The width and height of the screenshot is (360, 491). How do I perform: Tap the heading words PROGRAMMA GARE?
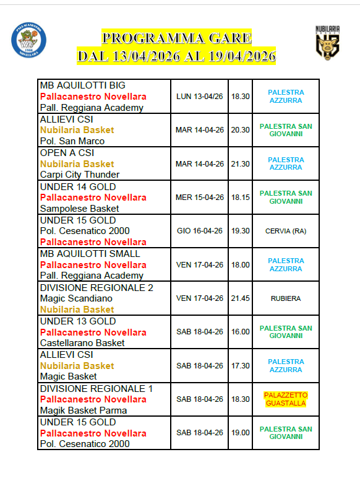(x=177, y=38)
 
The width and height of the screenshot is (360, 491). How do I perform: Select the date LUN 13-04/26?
(x=200, y=97)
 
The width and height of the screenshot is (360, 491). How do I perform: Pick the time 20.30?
(x=241, y=130)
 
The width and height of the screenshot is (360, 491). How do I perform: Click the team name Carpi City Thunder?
(x=80, y=175)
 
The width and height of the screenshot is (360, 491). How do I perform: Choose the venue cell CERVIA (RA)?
(x=286, y=231)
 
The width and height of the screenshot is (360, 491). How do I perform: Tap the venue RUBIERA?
(x=286, y=298)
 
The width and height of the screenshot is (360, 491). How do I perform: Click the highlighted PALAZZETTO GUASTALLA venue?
(x=286, y=399)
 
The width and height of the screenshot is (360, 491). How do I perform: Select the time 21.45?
(x=241, y=298)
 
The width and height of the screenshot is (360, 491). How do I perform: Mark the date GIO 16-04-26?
(x=200, y=231)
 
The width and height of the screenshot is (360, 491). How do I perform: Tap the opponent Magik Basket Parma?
(x=84, y=411)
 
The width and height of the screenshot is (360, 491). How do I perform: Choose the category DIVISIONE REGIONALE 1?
(x=96, y=388)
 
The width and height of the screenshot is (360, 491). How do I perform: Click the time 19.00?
(x=241, y=433)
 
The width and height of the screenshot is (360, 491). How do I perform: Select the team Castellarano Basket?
(x=82, y=343)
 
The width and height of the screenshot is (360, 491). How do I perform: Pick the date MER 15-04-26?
(x=200, y=198)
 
